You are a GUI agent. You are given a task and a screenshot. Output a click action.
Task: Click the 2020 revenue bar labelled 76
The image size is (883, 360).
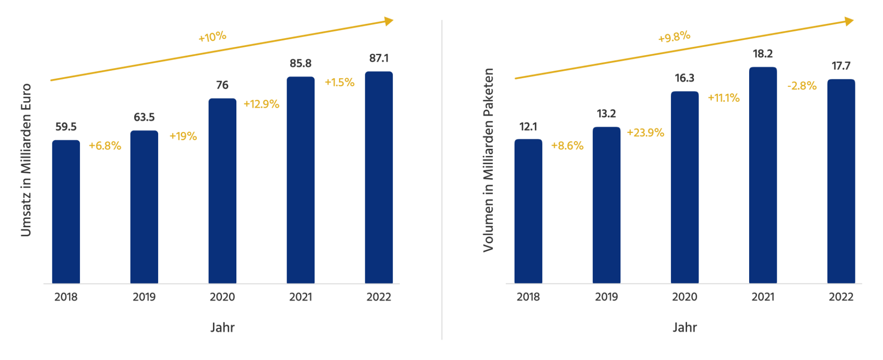[222, 191]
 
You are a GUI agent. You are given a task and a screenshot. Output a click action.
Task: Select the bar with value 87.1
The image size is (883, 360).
[378, 177]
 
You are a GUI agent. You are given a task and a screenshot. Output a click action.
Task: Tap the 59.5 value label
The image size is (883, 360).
[66, 127]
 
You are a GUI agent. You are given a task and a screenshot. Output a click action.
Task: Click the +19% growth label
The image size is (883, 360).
[183, 136]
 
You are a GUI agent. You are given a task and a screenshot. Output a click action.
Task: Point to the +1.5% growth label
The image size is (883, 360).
[339, 82]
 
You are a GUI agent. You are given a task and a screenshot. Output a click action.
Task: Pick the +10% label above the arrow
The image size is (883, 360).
[212, 37]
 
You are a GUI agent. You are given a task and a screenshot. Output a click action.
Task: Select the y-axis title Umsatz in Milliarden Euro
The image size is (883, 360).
[26, 160]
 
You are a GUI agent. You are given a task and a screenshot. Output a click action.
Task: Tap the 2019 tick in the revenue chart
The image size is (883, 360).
[144, 297]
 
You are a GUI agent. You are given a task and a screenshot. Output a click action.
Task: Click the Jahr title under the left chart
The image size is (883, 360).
[223, 327]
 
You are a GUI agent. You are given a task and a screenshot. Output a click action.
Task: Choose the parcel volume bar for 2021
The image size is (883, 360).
[763, 175]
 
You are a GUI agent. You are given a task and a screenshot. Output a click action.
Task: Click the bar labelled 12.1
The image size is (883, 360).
[528, 211]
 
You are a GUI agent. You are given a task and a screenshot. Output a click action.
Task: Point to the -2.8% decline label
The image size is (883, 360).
[802, 86]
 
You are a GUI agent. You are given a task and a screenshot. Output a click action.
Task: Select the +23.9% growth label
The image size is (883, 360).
[645, 133]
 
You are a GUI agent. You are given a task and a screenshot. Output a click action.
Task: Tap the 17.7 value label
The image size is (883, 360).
[841, 66]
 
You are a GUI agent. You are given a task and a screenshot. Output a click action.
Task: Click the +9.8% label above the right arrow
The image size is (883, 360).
[674, 37]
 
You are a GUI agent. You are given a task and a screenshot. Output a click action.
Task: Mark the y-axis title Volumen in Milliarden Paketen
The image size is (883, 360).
[488, 160]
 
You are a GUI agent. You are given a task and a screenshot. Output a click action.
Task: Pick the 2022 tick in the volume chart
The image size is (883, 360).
[841, 297]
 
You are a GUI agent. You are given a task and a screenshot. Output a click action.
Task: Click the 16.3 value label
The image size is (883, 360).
[684, 78]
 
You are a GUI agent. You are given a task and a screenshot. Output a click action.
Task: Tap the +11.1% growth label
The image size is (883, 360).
[723, 98]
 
